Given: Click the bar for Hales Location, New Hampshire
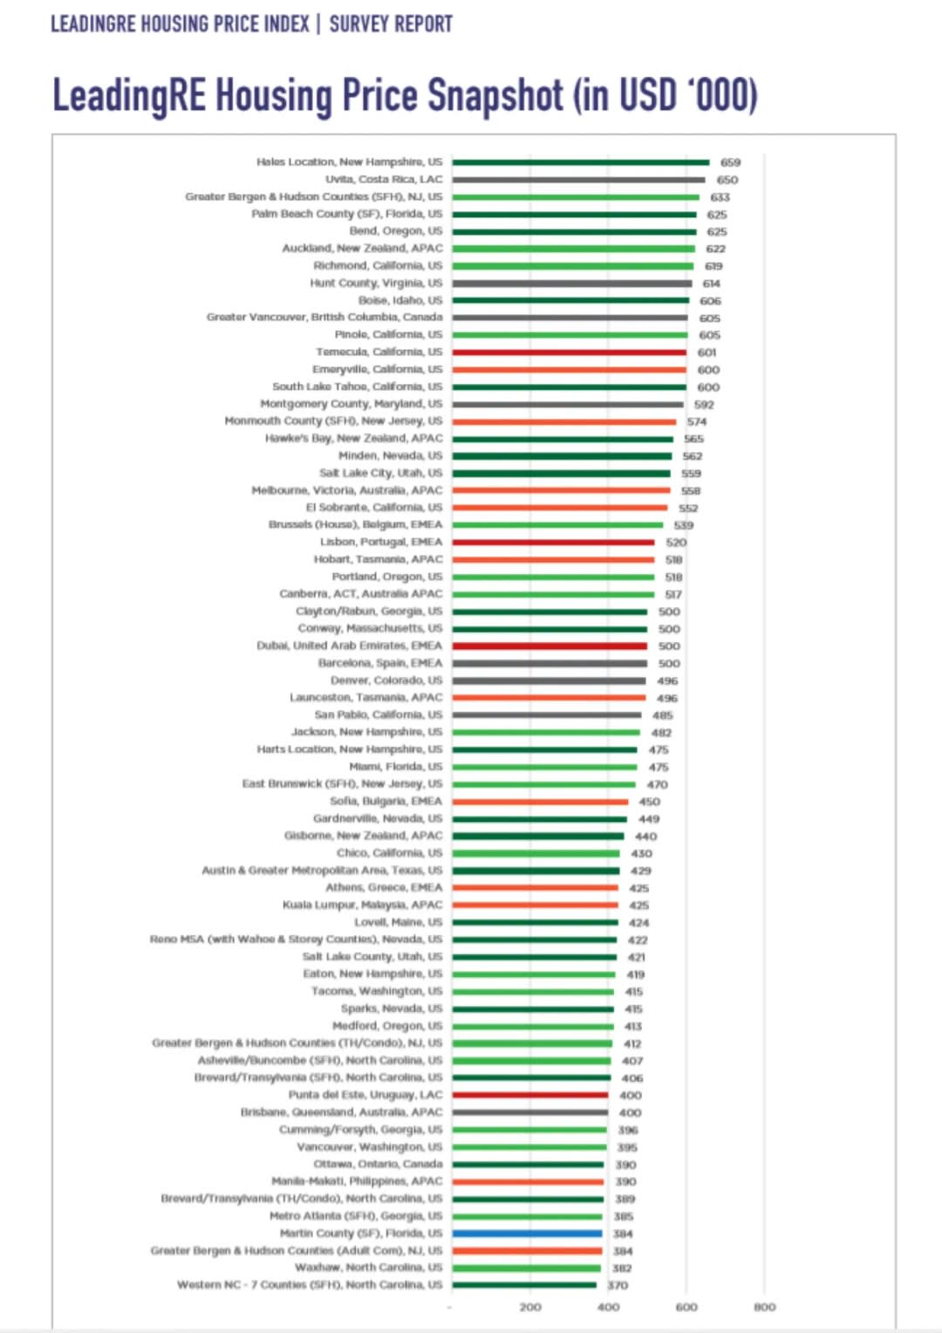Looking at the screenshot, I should [580, 162].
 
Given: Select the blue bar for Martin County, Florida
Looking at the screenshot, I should [527, 1234].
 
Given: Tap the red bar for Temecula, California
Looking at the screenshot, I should [569, 352].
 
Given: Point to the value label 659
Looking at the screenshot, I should [730, 162].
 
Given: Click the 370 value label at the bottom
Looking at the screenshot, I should [618, 1285].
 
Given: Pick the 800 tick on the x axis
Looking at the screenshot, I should [764, 1307].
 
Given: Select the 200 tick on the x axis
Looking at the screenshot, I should [530, 1307].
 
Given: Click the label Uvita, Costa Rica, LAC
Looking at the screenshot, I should [384, 180].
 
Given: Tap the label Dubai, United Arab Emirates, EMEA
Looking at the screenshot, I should [349, 646].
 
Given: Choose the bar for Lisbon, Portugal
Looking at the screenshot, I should [553, 543].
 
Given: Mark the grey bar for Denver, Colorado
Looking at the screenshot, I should [549, 680].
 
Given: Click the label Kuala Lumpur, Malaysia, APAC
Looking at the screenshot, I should [362, 905].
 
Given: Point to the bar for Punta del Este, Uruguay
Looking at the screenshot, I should [529, 1095].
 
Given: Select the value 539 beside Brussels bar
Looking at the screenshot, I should [684, 525].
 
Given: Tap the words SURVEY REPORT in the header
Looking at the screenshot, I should [391, 24].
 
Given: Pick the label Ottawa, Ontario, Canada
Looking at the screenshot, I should [378, 1164].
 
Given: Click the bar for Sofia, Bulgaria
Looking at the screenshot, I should [540, 802].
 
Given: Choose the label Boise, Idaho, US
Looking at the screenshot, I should [400, 300].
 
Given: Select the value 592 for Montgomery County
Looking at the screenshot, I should [704, 405].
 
